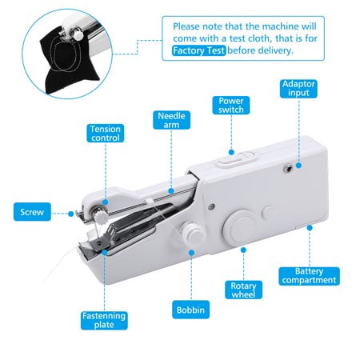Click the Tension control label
pyautogui.click(x=106, y=134)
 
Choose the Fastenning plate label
pyautogui.click(x=103, y=321)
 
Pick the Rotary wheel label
pyautogui.click(x=244, y=290)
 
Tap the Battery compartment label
pyautogui.click(x=309, y=276)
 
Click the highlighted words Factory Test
pyautogui.click(x=200, y=50)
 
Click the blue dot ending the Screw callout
pyautogui.click(x=73, y=213)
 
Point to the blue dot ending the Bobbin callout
pyautogui.click(x=192, y=254)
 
